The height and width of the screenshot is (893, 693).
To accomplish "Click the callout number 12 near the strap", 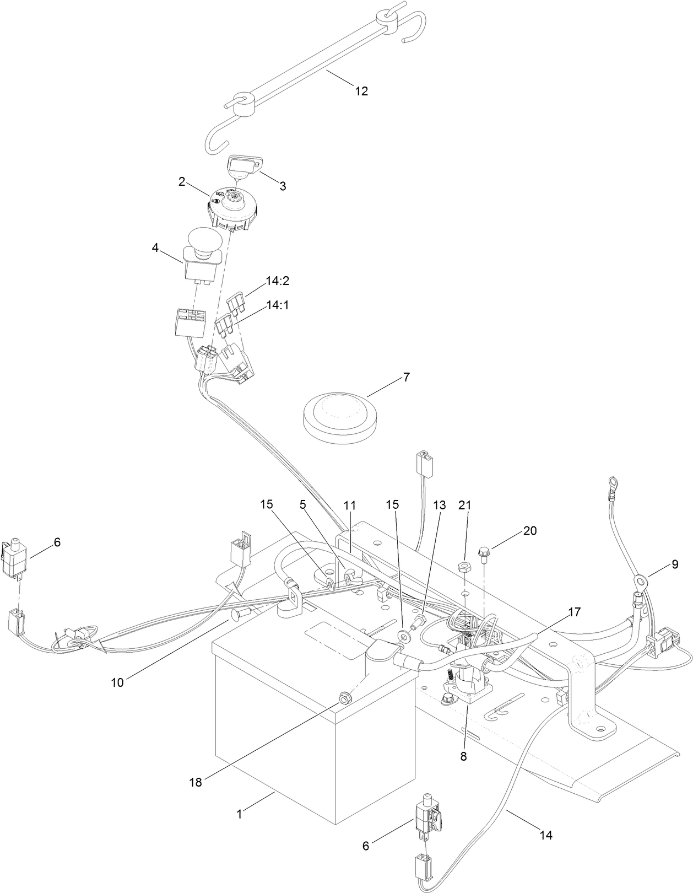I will coord(361,91).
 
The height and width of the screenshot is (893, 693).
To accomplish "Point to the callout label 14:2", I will coord(277,281).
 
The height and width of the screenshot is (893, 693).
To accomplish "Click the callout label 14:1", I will coord(277,305).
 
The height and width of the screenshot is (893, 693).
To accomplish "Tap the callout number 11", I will coord(350,505).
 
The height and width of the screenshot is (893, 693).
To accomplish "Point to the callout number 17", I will coord(574,612).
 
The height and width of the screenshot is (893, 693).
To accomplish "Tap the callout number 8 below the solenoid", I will coord(463,756).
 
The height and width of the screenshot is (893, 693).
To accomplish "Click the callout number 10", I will coord(117,682).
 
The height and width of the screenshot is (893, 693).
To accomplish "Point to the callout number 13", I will coord(438,505).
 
